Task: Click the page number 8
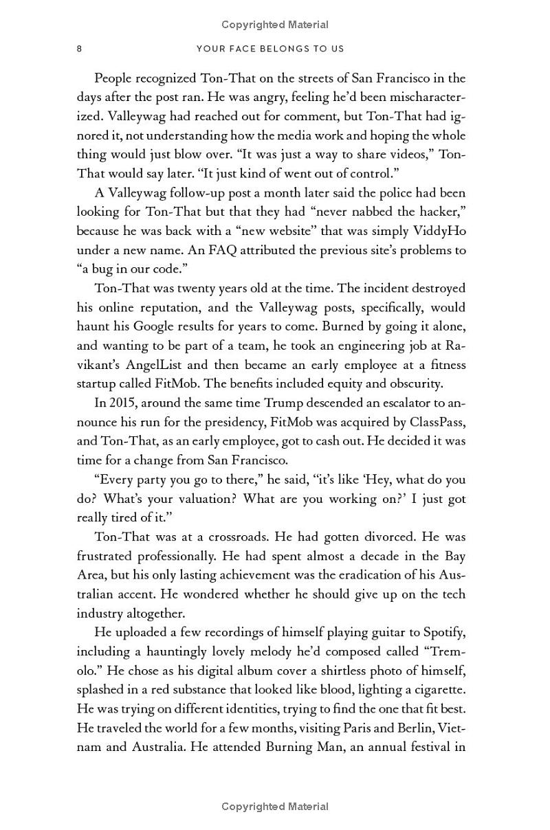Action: [80, 49]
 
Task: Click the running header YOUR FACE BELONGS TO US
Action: [270, 49]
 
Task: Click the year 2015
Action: [124, 403]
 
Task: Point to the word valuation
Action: [206, 499]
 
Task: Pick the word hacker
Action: [432, 212]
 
